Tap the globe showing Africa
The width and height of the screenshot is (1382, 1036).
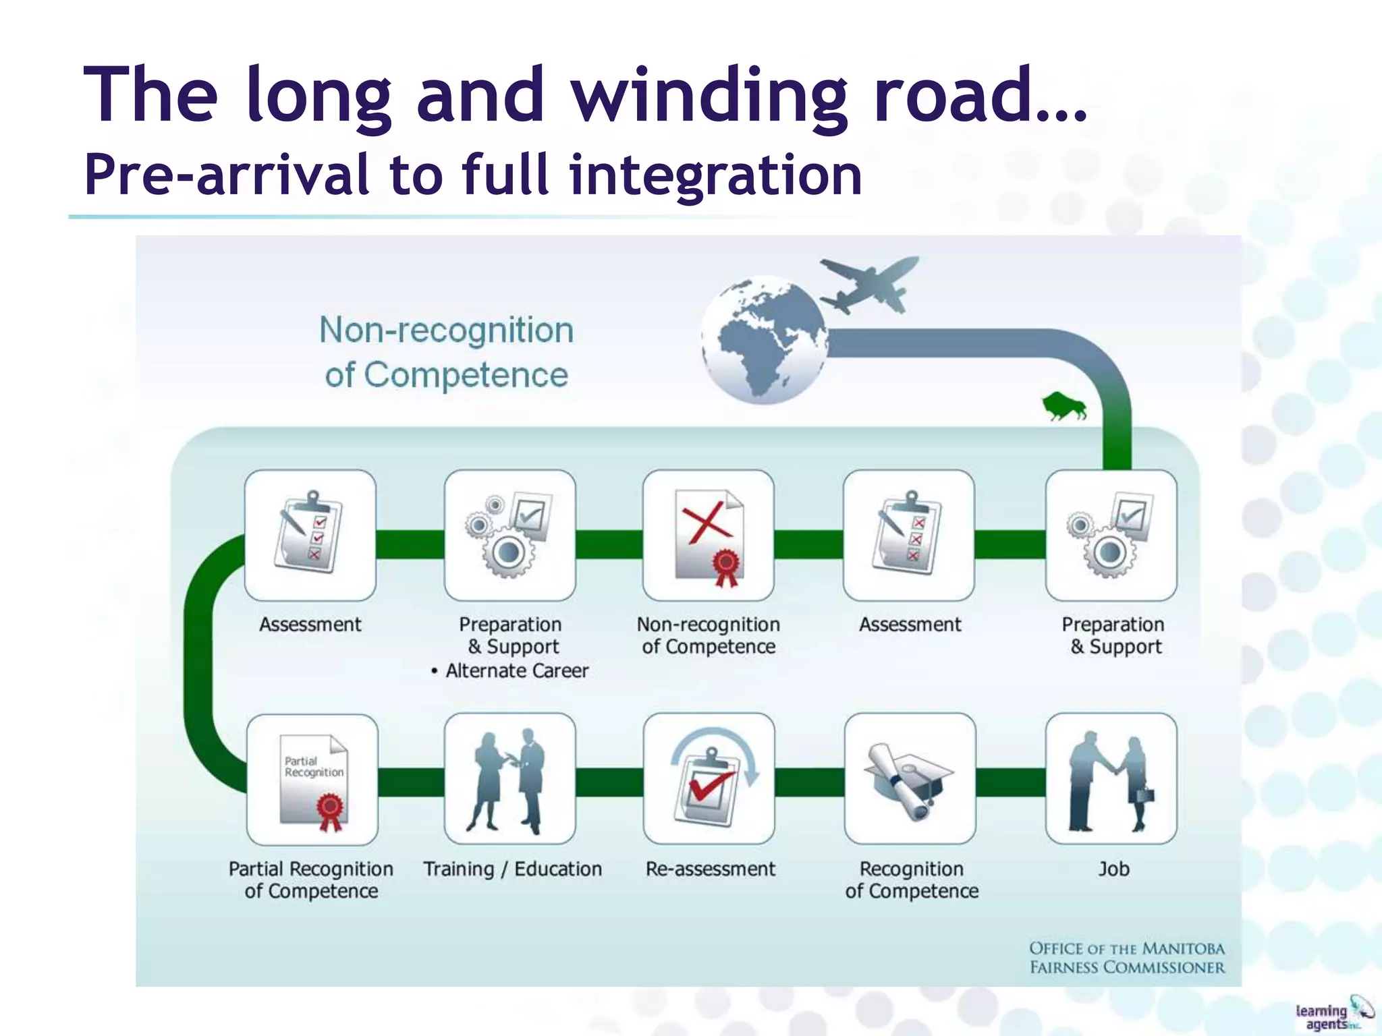[x=765, y=340]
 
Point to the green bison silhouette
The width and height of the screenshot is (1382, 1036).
[x=1063, y=406]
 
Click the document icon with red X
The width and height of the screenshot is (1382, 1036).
[x=709, y=536]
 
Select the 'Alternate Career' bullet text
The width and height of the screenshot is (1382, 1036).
[x=516, y=671]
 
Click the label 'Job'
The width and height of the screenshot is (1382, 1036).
[x=1113, y=869]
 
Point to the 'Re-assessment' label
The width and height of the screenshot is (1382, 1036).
[x=711, y=869]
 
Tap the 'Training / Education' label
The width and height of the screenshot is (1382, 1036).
[x=512, y=869]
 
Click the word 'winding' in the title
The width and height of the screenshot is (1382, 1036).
[x=709, y=96]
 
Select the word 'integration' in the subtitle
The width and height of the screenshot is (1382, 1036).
[x=715, y=175]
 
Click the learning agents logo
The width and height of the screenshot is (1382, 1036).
[x=1333, y=1014]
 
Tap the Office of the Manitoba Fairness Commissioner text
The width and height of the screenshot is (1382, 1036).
[x=1126, y=958]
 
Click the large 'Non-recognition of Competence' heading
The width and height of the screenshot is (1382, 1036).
[x=447, y=352]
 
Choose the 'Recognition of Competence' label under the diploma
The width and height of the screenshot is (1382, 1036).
[x=912, y=880]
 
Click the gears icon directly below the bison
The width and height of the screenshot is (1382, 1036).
[x=1111, y=536]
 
